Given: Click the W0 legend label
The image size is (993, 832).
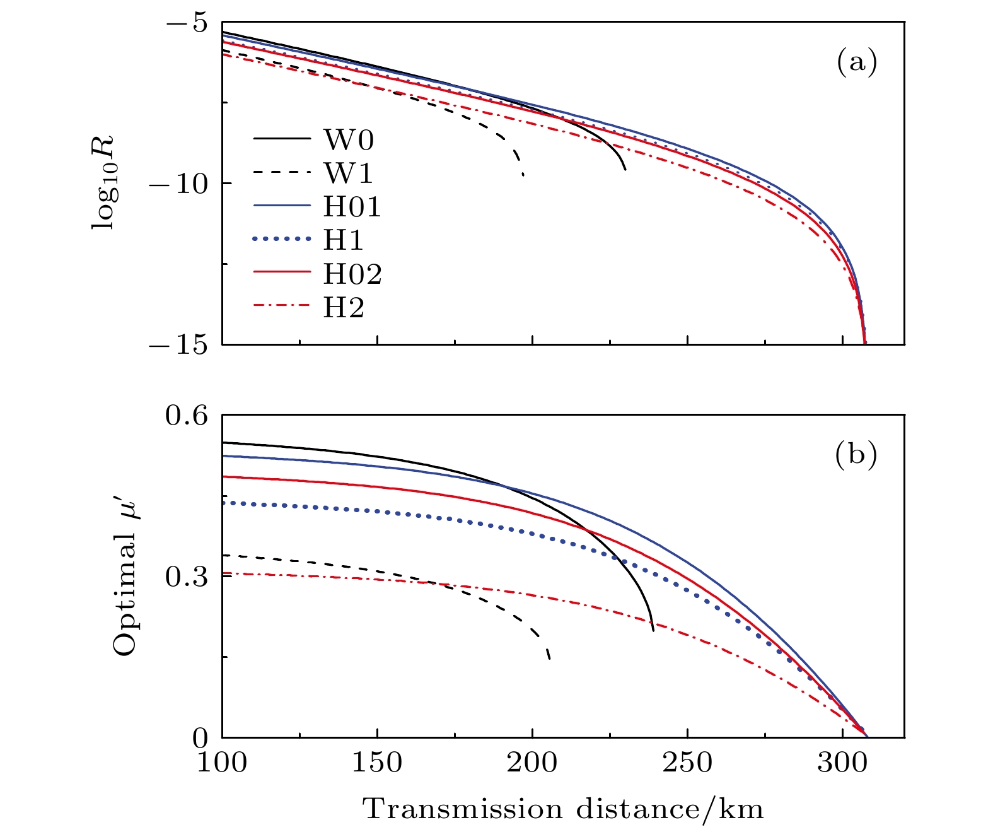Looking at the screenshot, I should (349, 139).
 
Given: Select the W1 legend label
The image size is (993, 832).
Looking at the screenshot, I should (349, 173).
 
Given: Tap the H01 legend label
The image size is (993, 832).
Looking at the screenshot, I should (352, 207).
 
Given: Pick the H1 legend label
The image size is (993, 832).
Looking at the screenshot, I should (344, 240).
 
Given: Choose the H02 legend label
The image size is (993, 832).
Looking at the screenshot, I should (352, 274).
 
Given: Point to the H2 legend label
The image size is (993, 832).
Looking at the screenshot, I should (344, 308).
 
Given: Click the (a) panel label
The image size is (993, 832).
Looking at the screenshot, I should (856, 62).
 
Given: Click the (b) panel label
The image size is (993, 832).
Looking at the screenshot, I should (856, 454).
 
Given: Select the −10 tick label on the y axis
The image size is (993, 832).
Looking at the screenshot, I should (178, 184).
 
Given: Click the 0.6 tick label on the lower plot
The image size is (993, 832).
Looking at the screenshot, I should (186, 416).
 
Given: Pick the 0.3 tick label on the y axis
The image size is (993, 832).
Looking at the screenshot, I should (186, 577).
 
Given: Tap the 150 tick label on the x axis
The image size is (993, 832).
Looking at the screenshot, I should (377, 763).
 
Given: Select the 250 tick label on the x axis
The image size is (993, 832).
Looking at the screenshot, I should (687, 763).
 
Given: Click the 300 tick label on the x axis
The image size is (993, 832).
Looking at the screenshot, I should (842, 763).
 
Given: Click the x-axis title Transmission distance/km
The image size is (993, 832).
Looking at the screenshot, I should (563, 809).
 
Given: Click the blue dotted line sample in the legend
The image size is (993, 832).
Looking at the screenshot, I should (282, 240).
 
